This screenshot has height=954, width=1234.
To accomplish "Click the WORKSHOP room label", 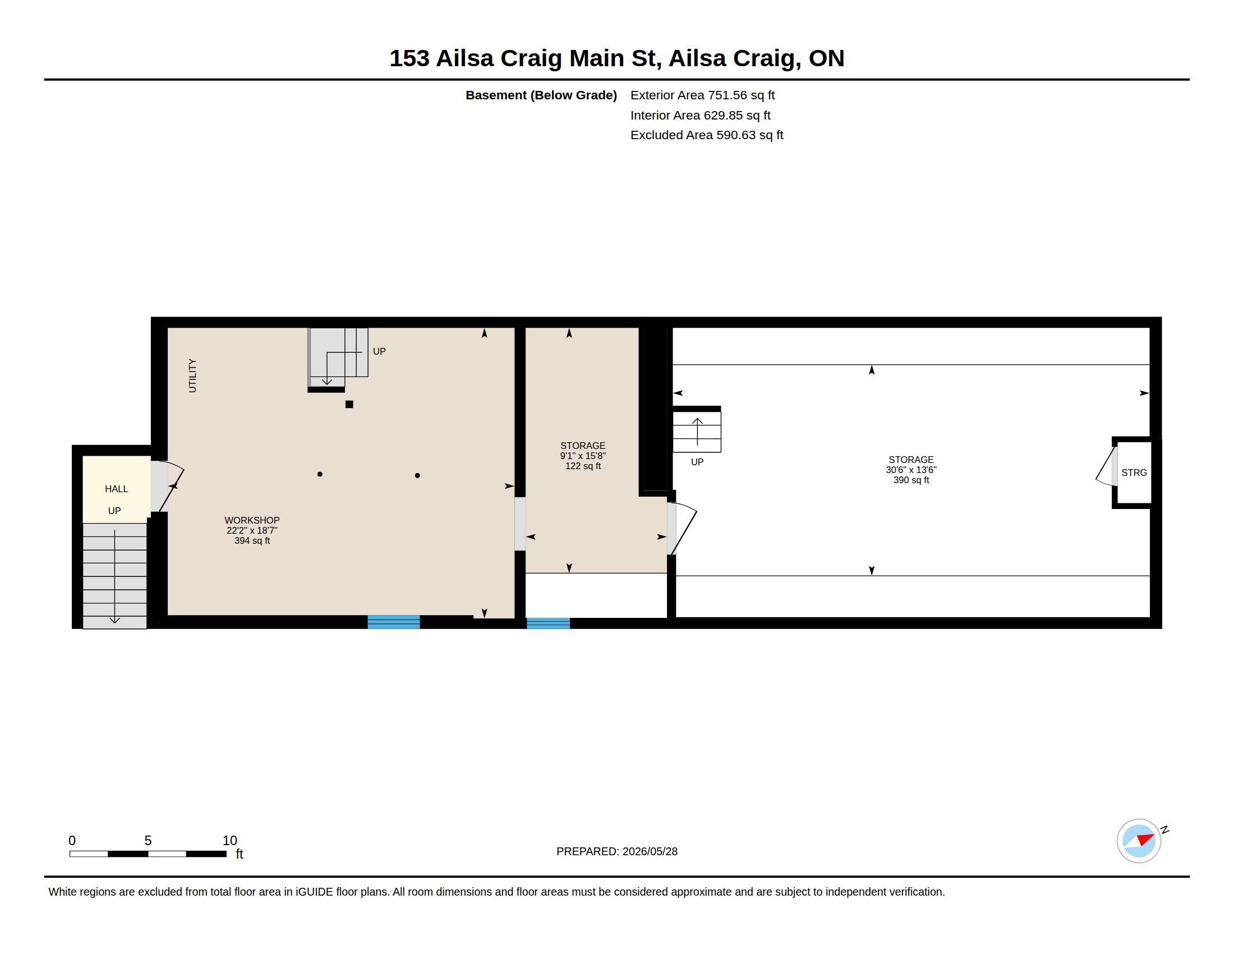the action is [252, 520].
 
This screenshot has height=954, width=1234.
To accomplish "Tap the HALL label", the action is [117, 489].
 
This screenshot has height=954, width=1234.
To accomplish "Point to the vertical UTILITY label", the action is [192, 375].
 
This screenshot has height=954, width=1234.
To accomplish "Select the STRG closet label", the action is [1134, 473].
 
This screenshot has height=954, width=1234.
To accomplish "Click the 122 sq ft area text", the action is [583, 466].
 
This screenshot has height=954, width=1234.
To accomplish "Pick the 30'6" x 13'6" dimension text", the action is [911, 470].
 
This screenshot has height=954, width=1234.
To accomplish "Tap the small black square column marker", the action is [349, 404].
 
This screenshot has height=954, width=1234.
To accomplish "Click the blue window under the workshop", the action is [394, 622].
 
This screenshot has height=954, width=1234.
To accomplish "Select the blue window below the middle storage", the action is [548, 623].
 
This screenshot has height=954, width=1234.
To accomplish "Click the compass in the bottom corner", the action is [1139, 841].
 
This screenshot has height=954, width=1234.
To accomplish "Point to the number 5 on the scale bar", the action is [148, 841].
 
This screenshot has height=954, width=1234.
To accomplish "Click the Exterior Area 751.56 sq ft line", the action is [702, 95].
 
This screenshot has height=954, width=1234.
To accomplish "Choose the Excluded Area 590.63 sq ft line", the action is [707, 135].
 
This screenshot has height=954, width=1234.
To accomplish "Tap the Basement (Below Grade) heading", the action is [541, 95].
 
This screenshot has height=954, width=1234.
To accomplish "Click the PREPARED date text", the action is [617, 851].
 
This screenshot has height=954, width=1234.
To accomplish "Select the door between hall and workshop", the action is [167, 486].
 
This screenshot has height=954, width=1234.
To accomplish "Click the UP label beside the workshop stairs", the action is [379, 351].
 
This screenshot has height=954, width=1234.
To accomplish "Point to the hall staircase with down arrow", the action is [114, 576].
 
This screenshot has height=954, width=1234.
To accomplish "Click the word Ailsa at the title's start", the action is [464, 58].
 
